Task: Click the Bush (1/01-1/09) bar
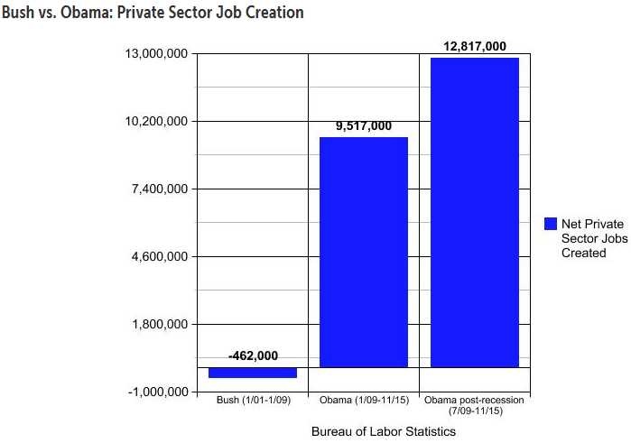[253, 373]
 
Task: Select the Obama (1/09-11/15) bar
[364, 252]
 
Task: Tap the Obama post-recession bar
[475, 212]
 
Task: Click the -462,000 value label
[253, 356]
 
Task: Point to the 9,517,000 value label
[364, 126]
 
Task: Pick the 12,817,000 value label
[475, 46]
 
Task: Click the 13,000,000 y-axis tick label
[156, 54]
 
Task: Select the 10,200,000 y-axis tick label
[156, 122]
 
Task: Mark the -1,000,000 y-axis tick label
[156, 392]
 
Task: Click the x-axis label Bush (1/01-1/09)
[253, 400]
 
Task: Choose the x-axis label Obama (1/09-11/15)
[364, 400]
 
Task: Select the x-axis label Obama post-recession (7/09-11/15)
[475, 405]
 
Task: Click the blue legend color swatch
[550, 223]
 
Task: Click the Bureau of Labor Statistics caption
[384, 432]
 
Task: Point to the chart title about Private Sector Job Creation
[153, 14]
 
